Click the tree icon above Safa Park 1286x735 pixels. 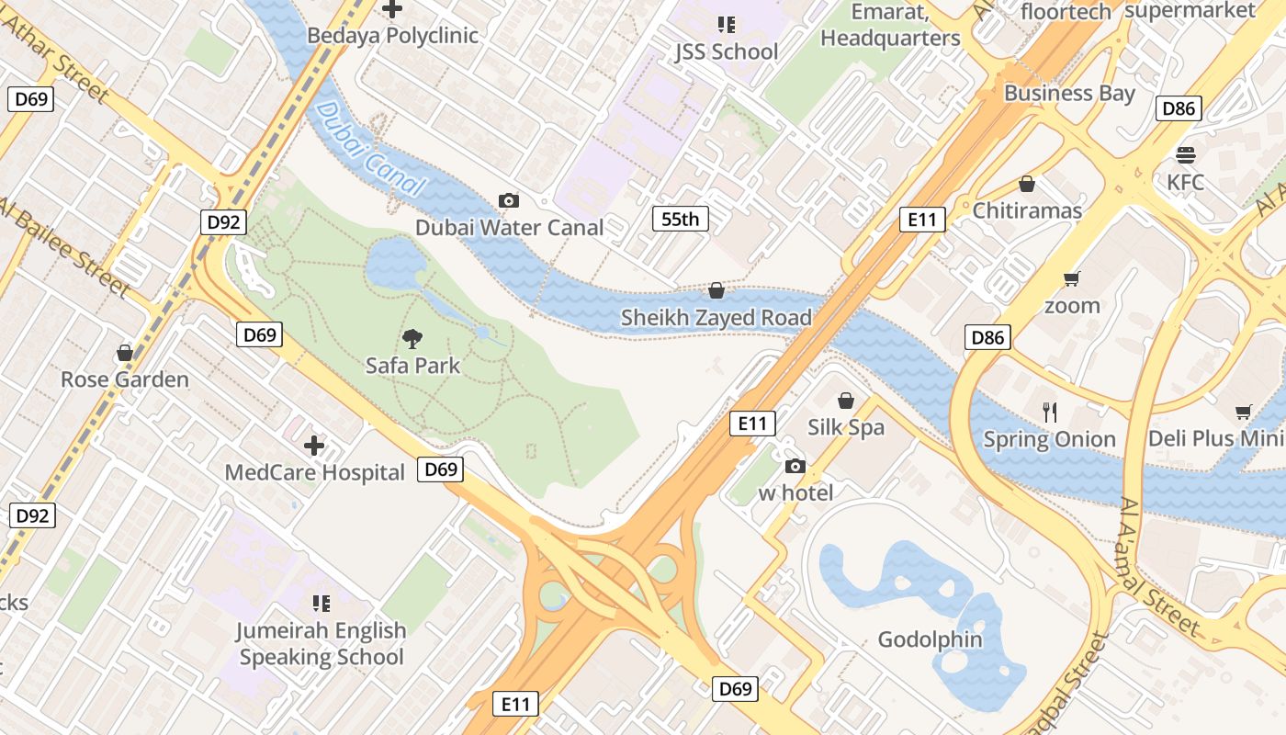point(412,339)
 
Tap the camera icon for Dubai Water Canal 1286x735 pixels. point(508,200)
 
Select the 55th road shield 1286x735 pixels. point(681,219)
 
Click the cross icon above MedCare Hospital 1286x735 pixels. point(314,446)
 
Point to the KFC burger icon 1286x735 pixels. point(1185,154)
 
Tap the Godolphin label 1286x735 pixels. point(930,639)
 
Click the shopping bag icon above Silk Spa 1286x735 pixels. point(845,401)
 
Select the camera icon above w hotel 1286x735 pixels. point(795,467)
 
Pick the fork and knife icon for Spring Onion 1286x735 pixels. point(1050,412)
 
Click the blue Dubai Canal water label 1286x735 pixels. point(371,150)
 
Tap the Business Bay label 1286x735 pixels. point(1069,93)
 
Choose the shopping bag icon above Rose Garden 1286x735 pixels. point(125,353)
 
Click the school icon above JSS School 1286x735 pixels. point(727,25)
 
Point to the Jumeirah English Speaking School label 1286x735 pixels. point(321,643)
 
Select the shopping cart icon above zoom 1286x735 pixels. point(1071,278)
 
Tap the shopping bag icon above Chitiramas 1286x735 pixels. point(1027,184)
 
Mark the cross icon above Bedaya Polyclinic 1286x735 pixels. point(392,9)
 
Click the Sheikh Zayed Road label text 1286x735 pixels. point(716,318)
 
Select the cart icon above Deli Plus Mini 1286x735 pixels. point(1243,412)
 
